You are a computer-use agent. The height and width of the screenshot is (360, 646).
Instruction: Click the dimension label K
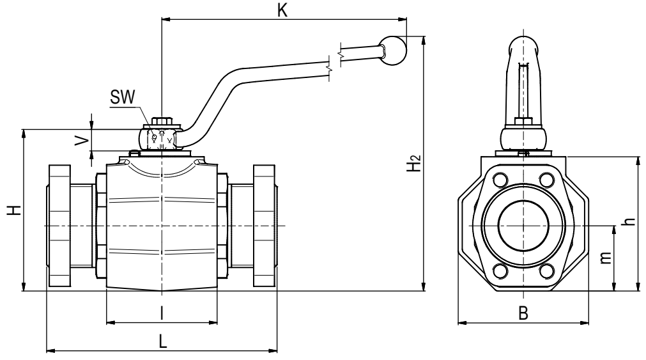[282, 10]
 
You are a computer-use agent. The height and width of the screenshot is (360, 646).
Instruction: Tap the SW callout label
[122, 97]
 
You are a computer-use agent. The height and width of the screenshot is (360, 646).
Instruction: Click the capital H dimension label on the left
[15, 210]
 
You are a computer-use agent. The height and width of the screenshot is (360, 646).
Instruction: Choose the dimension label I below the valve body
[162, 314]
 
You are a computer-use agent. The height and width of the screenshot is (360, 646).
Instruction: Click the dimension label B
[523, 313]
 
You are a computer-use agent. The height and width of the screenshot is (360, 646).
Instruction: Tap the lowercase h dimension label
[629, 221]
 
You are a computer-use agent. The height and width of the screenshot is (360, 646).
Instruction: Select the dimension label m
[605, 258]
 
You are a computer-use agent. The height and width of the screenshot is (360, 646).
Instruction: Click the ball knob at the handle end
[392, 51]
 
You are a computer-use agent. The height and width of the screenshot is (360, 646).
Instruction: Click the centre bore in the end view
[523, 226]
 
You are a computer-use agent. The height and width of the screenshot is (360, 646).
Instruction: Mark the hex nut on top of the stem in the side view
[162, 121]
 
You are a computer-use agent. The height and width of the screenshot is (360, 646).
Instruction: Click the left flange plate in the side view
[59, 226]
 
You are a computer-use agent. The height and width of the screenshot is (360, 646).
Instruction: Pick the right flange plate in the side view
[264, 226]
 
